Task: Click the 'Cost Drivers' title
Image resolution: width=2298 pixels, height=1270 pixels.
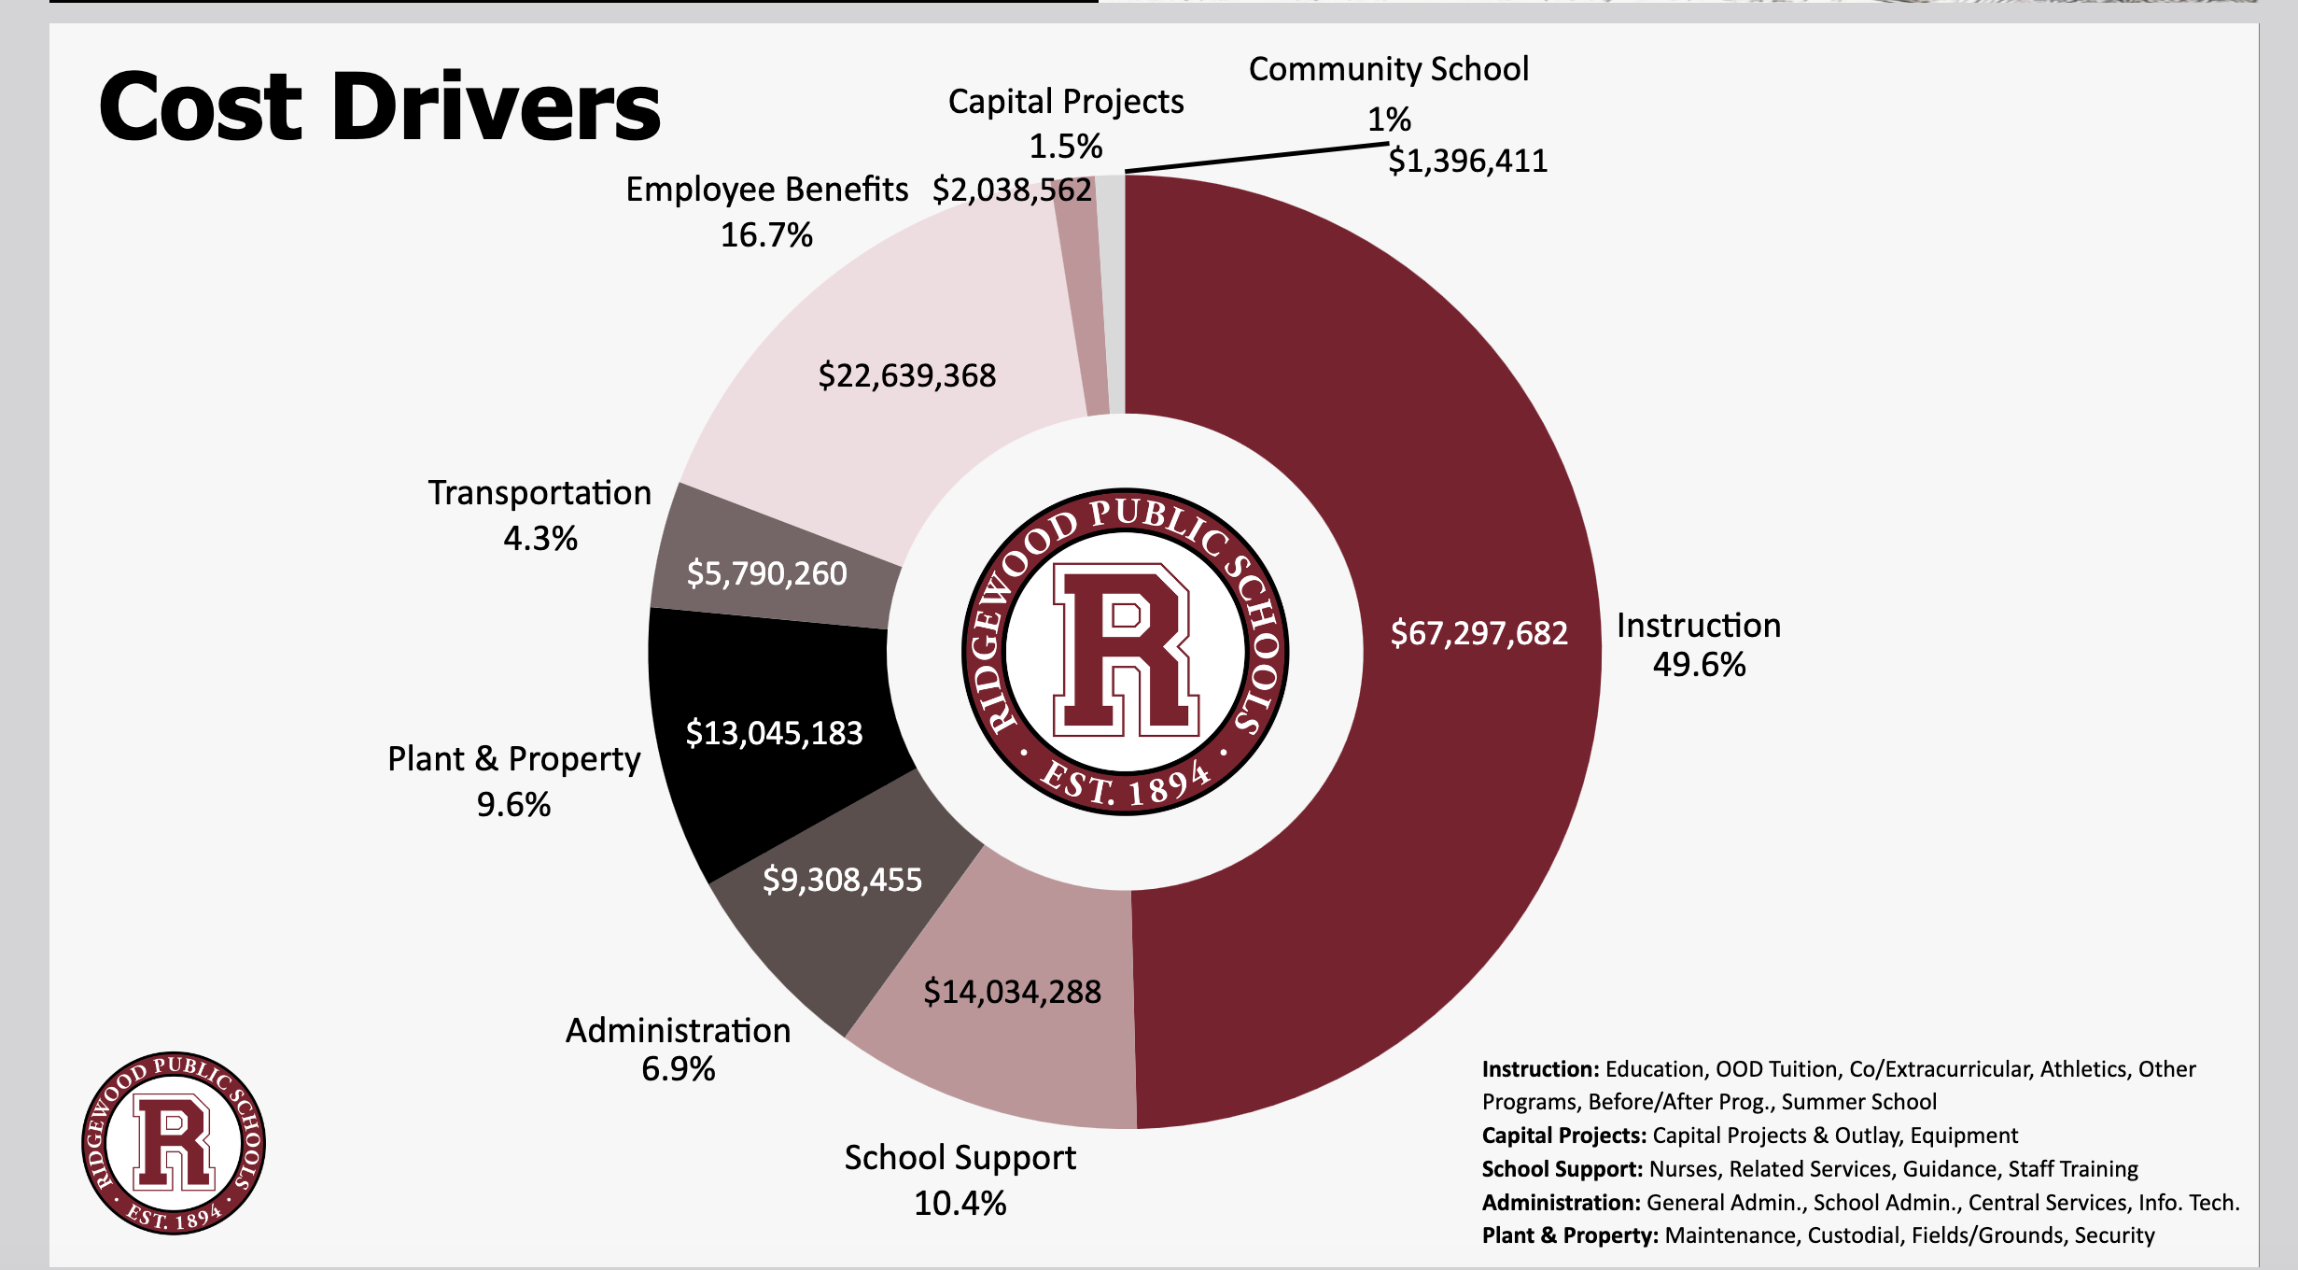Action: point(379,107)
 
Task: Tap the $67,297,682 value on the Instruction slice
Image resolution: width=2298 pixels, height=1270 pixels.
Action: point(1478,633)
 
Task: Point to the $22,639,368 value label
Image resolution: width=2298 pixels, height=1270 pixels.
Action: point(906,375)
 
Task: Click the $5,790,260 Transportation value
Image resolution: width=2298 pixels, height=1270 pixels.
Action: point(766,573)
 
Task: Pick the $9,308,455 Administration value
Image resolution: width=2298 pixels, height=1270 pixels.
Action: point(842,880)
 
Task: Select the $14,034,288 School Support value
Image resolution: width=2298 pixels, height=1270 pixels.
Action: point(1012,992)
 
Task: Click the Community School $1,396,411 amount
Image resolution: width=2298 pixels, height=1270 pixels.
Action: point(1467,161)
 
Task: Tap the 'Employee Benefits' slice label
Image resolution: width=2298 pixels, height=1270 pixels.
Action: point(766,190)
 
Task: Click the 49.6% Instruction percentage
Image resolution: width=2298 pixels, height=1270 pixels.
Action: point(1699,665)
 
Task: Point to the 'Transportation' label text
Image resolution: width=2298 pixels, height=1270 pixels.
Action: point(539,493)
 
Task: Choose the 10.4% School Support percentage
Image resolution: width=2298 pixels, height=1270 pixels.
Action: point(960,1204)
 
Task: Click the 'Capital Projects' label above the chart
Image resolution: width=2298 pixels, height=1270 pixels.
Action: point(1066,102)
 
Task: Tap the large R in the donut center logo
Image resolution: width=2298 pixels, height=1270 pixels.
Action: point(1125,650)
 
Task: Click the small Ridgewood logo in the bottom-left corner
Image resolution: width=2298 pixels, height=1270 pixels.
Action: point(174,1143)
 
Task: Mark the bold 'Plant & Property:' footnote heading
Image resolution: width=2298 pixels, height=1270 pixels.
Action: point(1570,1235)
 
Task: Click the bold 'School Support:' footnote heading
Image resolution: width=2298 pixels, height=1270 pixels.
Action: point(1562,1169)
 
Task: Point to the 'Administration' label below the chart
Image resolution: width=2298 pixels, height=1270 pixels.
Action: point(678,1031)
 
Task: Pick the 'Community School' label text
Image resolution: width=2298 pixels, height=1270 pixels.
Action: point(1389,69)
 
